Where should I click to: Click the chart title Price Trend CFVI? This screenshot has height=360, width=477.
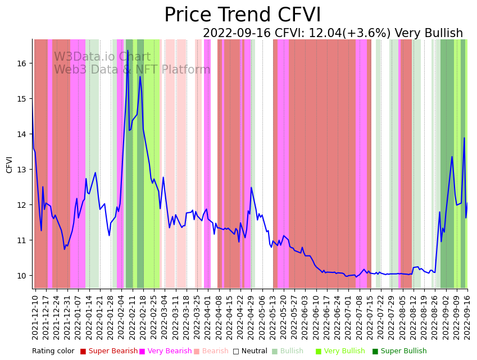coord(243,15)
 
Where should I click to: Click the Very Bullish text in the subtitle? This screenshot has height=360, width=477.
coord(429,34)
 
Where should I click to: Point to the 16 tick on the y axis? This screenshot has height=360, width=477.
coord(22,63)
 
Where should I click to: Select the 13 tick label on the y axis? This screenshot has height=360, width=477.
coord(22,170)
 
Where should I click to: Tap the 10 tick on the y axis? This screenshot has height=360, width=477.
coord(22,276)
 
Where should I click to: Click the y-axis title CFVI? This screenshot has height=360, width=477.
coord(10,165)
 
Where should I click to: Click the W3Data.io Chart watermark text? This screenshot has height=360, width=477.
coord(102,57)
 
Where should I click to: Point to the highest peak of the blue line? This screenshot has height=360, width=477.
coord(128,51)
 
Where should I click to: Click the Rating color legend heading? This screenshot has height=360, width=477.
coord(53,352)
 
